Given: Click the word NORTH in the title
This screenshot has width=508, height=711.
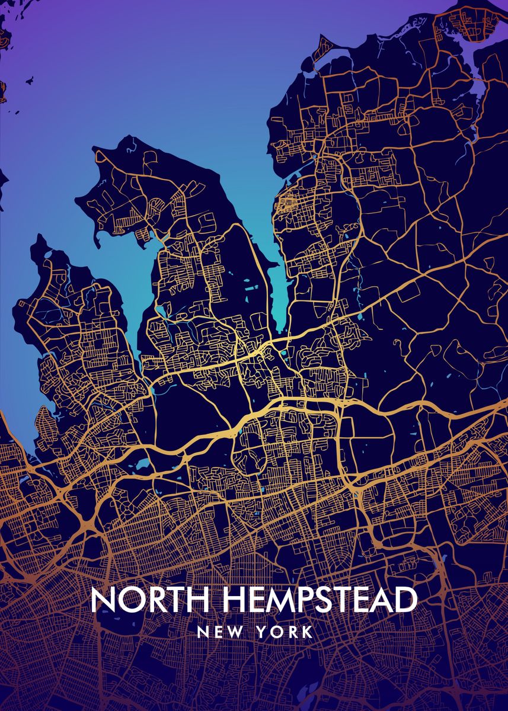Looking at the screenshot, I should (151, 600).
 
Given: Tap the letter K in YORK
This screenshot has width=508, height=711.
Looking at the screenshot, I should (307, 632).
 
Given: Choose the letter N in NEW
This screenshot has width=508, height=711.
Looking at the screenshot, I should (203, 632).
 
